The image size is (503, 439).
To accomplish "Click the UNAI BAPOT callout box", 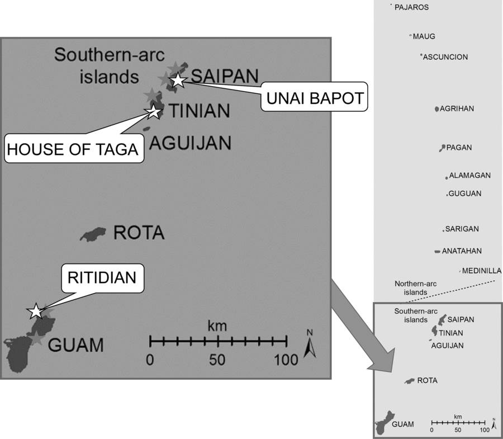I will [313, 99].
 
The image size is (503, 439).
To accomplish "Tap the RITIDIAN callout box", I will [106, 278].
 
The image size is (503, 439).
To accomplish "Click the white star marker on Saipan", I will [178, 80].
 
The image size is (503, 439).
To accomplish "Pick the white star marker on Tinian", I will [153, 111].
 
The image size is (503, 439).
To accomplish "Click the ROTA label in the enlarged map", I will [139, 233].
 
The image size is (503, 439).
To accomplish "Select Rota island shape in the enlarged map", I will [92, 234].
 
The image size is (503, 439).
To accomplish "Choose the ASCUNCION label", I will [445, 57].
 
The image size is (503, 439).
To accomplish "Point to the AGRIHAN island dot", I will [436, 109].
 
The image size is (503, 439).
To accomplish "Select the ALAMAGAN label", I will [470, 176].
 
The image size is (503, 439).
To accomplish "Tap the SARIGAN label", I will [462, 229].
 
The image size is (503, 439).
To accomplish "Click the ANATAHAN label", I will [462, 251].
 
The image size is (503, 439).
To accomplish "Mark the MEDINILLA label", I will [481, 271].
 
